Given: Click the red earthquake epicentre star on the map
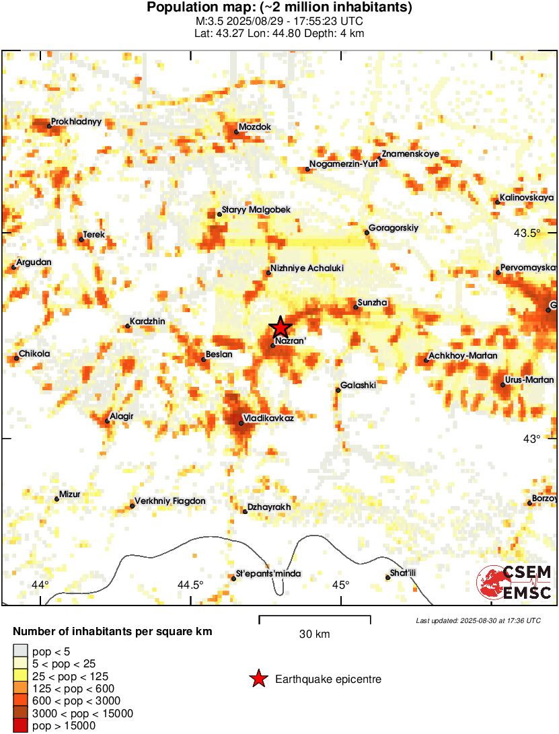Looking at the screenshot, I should tap(281, 327).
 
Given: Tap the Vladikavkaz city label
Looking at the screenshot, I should tap(270, 418).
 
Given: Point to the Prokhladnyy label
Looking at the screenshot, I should tap(77, 122).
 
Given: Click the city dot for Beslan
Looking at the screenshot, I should tap(204, 359).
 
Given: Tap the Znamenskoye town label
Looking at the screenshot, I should tap(410, 154).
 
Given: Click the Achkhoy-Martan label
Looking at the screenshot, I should tap(463, 355).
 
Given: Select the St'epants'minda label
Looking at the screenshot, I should tap(268, 574).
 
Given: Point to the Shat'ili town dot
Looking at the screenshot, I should tap(387, 577).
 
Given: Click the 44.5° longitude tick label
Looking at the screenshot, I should tap(190, 584).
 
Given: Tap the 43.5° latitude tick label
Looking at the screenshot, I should tap(527, 233).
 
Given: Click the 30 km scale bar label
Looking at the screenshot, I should tap(314, 634).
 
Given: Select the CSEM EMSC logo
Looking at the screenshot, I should tap(514, 583).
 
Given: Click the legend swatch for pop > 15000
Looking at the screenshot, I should tap(21, 725).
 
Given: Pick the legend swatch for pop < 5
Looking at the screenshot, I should tap(21, 651).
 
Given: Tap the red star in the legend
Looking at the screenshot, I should tap(258, 680).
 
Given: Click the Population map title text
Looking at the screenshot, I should tap(279, 8).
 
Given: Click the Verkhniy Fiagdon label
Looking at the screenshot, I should tap(170, 501).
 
